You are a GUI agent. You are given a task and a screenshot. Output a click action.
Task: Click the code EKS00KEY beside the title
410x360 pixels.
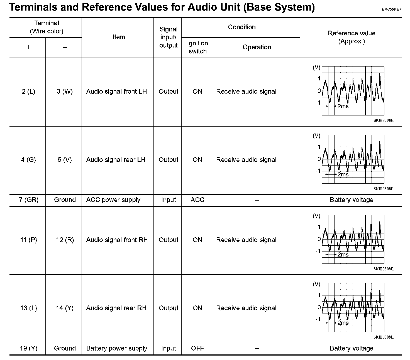point(392,9)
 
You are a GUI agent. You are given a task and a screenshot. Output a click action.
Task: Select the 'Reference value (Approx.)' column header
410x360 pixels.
point(351,37)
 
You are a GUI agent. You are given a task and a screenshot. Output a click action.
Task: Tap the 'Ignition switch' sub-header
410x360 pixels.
point(197,47)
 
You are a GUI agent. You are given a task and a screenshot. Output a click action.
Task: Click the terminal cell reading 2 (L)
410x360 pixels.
point(28,92)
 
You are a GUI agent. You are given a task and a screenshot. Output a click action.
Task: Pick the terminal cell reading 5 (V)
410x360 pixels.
point(65,160)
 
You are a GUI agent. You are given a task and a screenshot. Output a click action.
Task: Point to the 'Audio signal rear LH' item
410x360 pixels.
point(116,160)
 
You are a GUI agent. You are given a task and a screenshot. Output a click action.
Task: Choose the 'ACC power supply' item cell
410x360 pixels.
point(113,200)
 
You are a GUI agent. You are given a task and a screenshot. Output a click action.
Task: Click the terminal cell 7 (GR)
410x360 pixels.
point(28,200)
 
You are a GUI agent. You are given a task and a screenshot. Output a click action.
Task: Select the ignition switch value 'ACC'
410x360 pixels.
point(197,200)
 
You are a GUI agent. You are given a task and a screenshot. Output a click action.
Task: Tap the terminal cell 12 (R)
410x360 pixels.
point(65,240)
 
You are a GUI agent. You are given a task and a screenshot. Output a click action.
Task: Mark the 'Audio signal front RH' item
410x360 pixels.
point(117,240)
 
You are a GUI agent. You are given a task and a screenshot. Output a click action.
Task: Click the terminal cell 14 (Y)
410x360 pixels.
point(65,308)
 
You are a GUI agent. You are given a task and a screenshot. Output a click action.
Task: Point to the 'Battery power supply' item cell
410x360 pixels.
point(117,348)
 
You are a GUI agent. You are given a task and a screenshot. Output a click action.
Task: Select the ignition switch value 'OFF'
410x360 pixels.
point(197,348)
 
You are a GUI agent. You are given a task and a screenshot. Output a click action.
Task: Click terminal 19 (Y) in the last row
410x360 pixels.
point(28,348)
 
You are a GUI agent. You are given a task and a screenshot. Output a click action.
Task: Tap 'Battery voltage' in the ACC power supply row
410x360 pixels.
point(351,200)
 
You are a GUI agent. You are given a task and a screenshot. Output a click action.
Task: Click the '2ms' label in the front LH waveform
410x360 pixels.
point(343,106)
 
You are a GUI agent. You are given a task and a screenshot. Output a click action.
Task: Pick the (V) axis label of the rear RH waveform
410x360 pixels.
point(316,284)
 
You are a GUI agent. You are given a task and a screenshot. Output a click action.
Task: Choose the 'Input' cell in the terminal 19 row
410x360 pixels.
point(168,348)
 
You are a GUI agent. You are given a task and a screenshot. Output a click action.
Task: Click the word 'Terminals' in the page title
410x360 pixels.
point(36,7)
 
